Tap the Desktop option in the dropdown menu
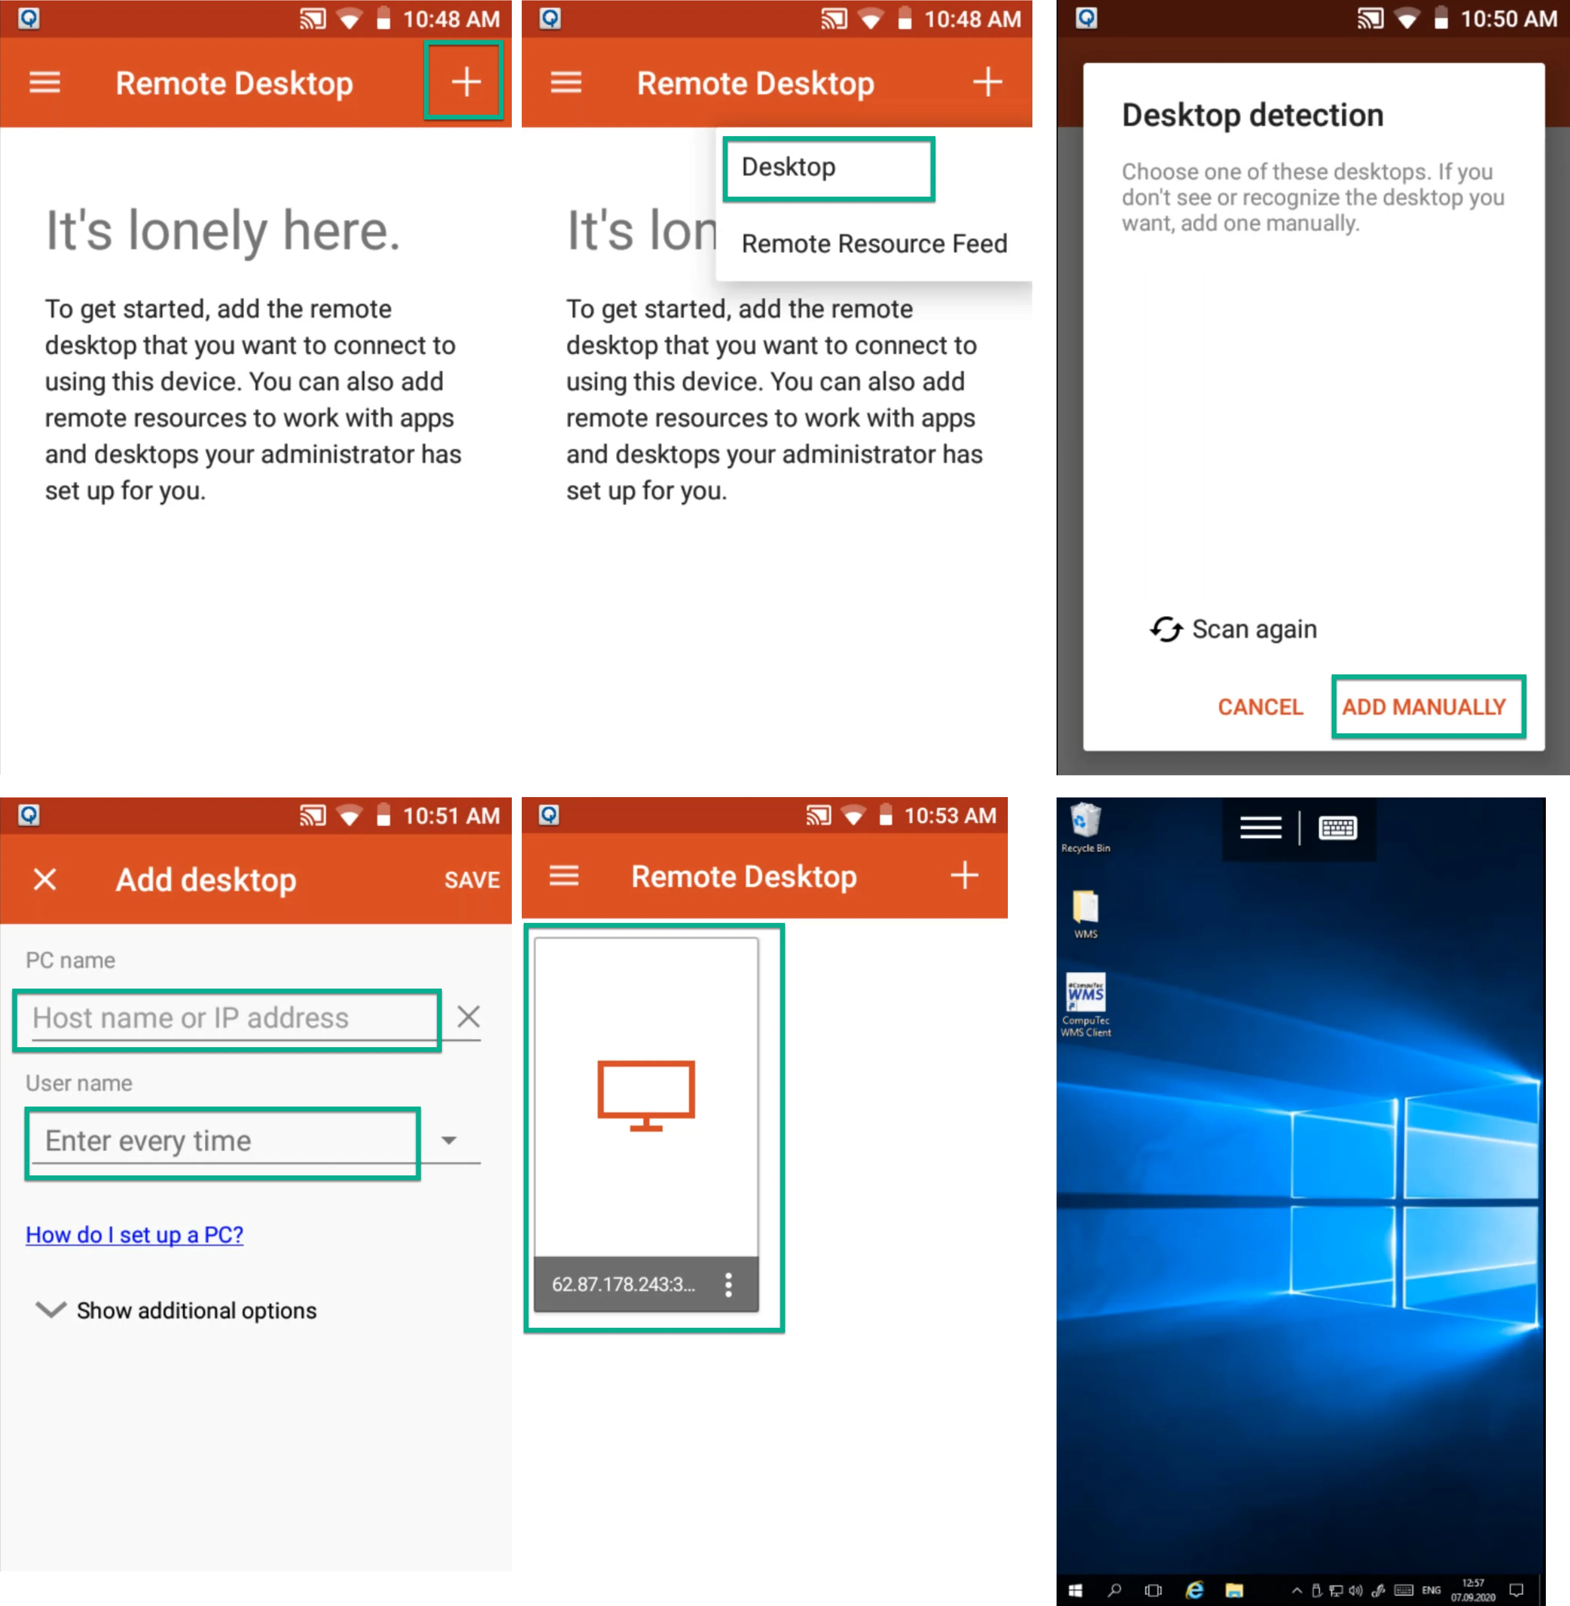(x=788, y=167)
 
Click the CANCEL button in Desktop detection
(x=1260, y=706)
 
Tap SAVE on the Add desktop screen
(x=471, y=880)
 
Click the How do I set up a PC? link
(x=135, y=1234)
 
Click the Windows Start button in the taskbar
(x=1075, y=1590)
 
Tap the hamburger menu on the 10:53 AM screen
(x=564, y=875)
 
